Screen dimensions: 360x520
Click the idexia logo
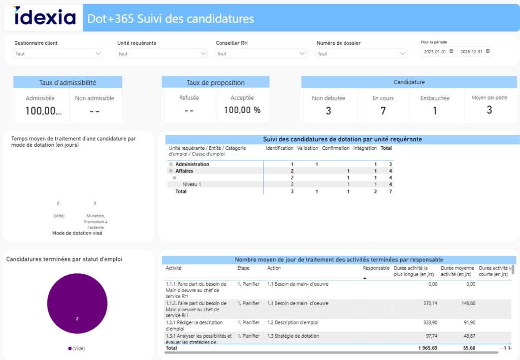(45, 18)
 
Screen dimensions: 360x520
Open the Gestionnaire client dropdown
(58, 53)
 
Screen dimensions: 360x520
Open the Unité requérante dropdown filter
(162, 53)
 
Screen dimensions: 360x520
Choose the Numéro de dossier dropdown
(362, 53)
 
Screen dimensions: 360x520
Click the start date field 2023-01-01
(438, 52)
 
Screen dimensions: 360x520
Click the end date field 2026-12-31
(474, 52)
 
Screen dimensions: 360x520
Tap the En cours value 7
(383, 111)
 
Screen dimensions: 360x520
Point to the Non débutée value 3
(328, 111)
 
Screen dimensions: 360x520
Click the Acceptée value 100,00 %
(242, 110)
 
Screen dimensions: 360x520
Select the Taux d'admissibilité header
(68, 82)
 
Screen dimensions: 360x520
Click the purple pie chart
(77, 304)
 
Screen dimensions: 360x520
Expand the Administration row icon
(171, 165)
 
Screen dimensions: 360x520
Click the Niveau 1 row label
(192, 184)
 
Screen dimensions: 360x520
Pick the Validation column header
(307, 148)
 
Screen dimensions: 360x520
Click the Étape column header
(243, 268)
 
